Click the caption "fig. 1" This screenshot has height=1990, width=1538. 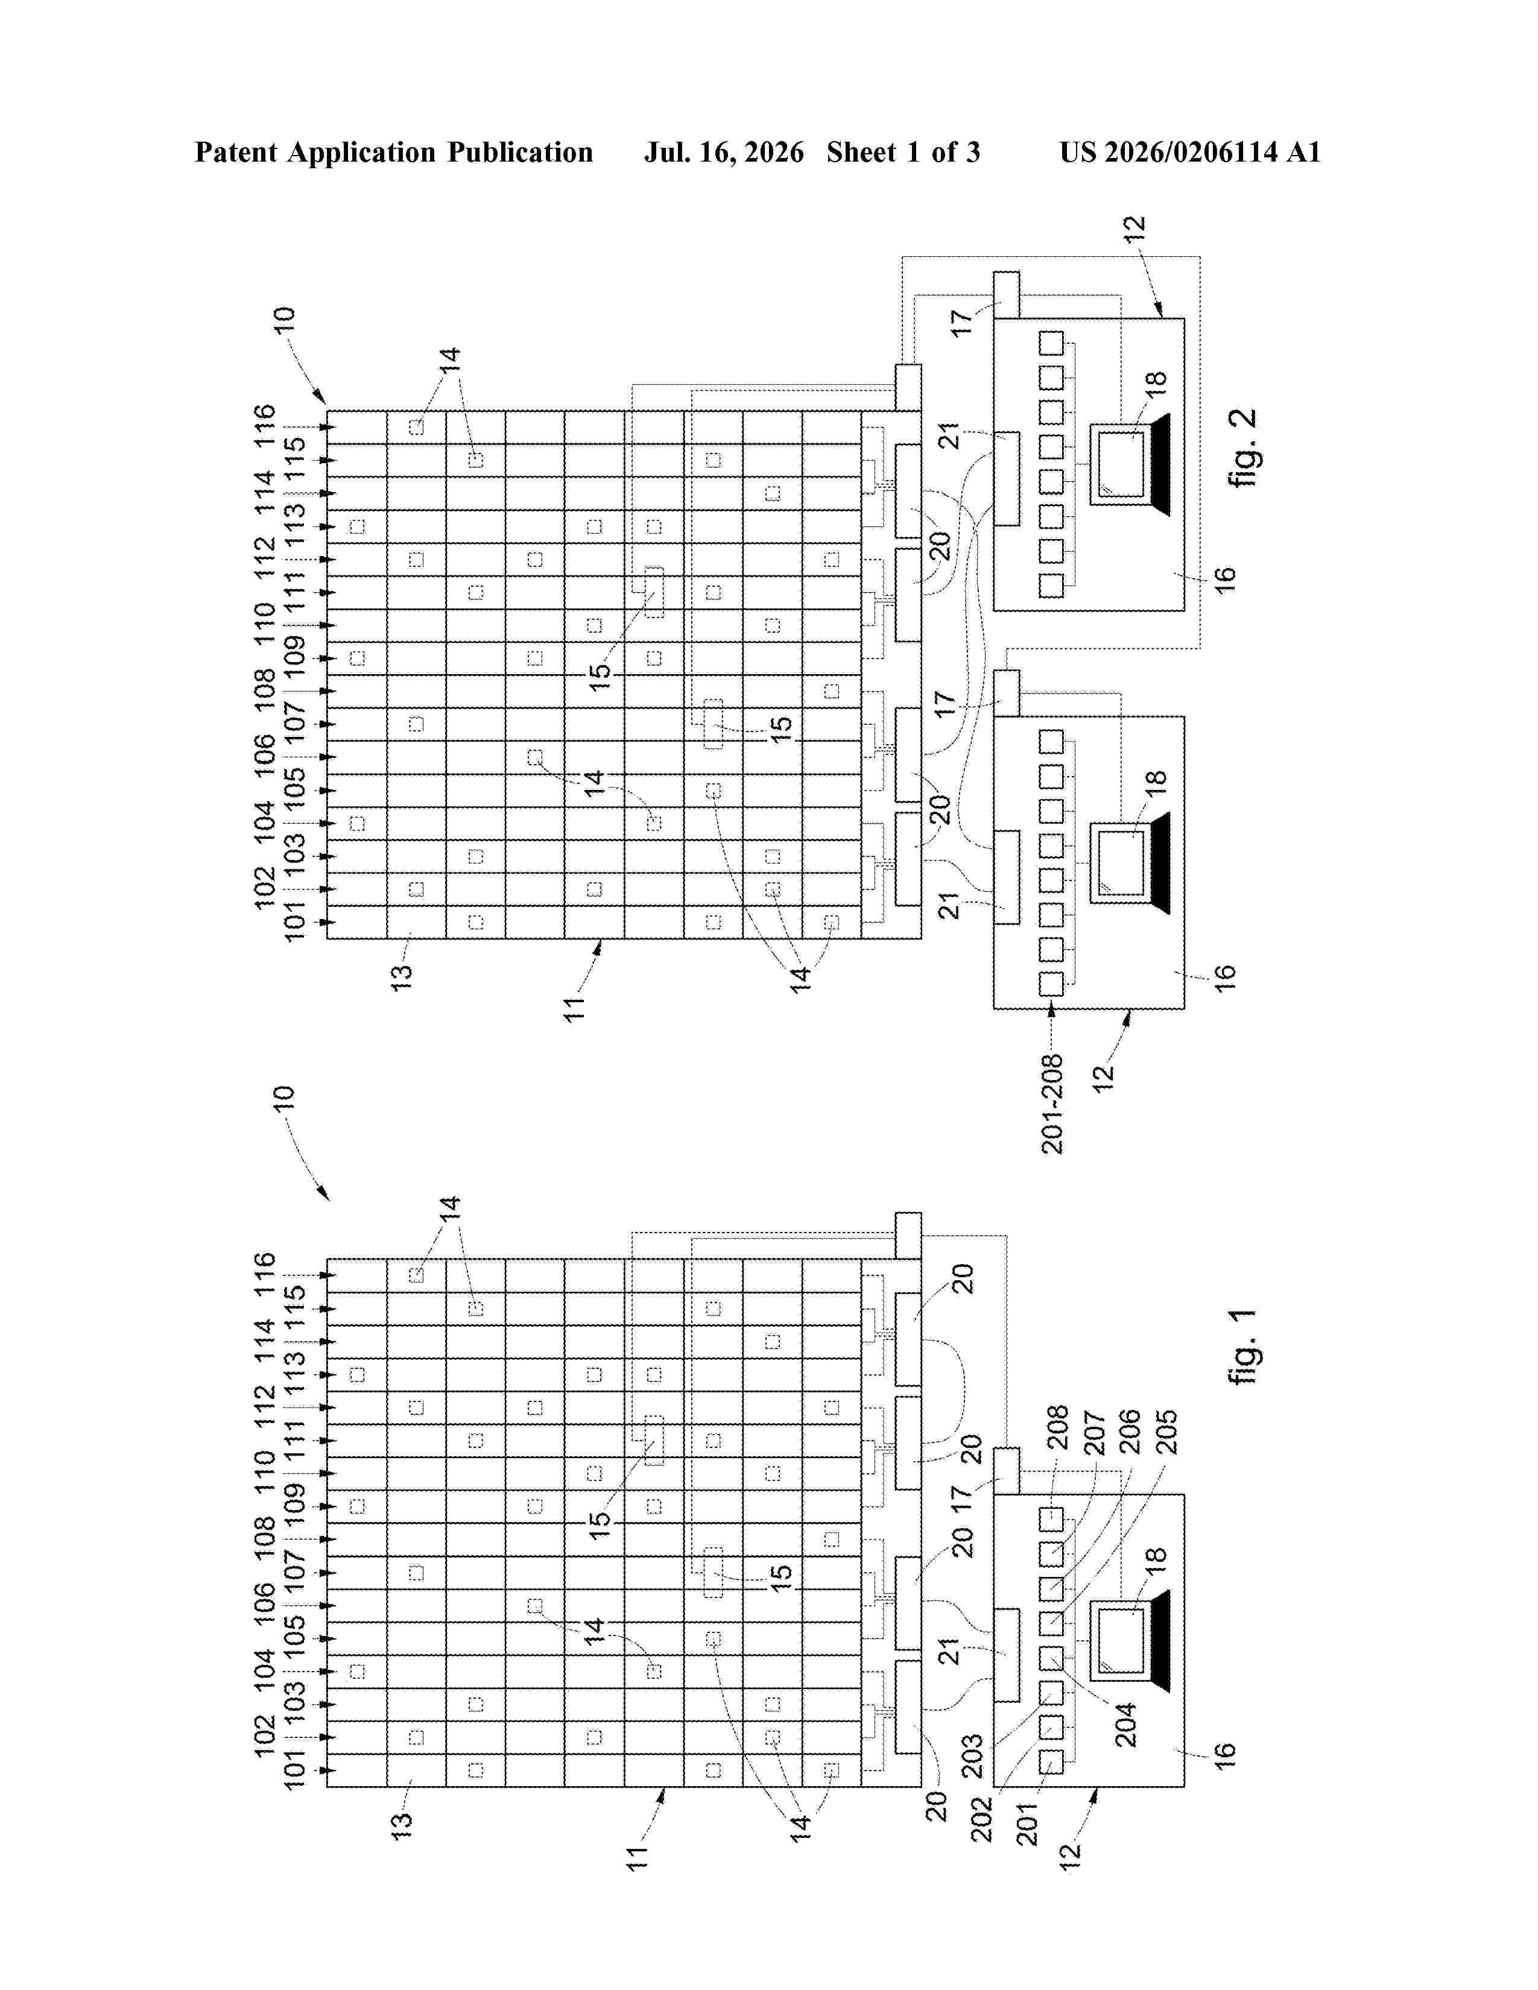(1244, 1346)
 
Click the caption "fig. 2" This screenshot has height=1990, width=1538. (1244, 447)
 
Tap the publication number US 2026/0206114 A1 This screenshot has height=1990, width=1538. (1190, 152)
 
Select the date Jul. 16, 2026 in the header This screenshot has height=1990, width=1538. (724, 152)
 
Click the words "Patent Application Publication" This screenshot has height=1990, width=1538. (394, 152)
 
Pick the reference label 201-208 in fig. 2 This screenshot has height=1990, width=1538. (1052, 1104)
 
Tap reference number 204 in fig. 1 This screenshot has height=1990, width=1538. (1126, 1725)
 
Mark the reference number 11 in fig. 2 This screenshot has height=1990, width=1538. (574, 1009)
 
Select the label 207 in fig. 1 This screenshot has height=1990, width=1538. (1093, 1432)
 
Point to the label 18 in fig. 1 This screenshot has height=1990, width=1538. (1156, 1555)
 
